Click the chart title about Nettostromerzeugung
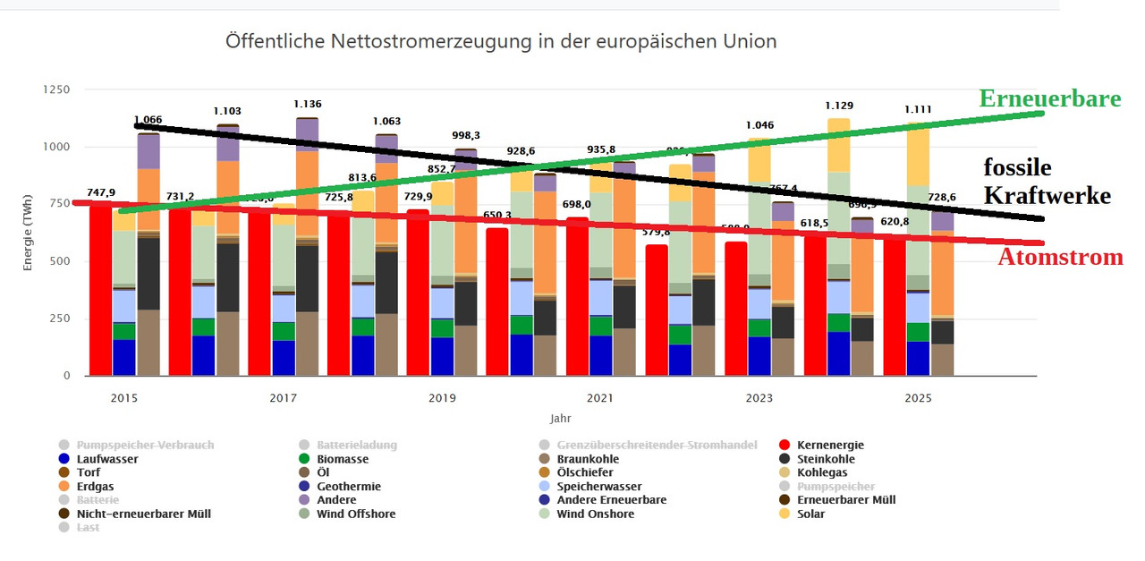(501, 41)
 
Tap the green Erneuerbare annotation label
(1050, 98)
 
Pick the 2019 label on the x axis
(442, 397)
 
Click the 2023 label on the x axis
(759, 397)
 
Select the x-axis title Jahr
(560, 418)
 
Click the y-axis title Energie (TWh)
(29, 232)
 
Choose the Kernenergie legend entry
(830, 445)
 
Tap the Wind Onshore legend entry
(595, 514)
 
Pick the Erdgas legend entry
(95, 486)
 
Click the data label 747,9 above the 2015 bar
(101, 192)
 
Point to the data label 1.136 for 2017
(308, 103)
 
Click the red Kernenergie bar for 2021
(578, 295)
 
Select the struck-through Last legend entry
(88, 527)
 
